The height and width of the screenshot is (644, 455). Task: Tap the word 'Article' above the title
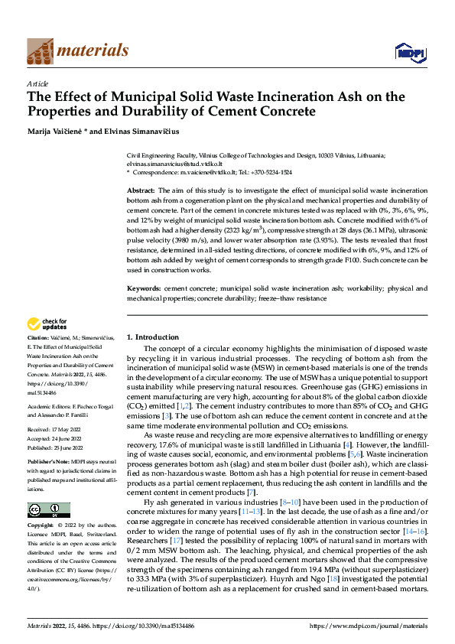[37, 83]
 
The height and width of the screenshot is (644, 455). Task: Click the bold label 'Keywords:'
[143, 267]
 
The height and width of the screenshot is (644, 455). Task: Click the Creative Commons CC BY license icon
[48, 509]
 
